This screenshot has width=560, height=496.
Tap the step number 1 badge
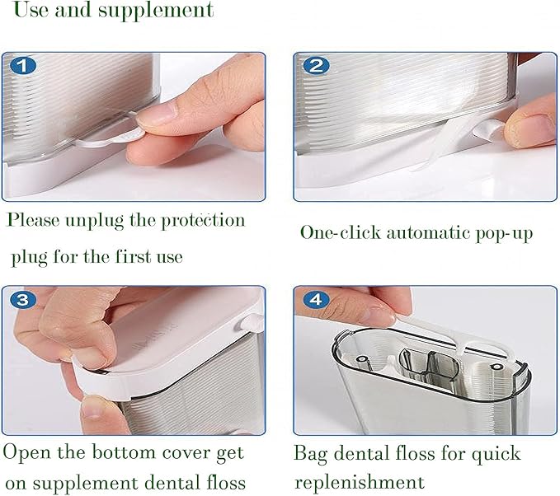point(24,65)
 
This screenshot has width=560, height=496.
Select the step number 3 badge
point(25,300)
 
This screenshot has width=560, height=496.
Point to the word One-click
point(339,232)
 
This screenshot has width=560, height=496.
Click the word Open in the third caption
point(26,454)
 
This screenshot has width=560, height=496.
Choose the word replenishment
point(359,482)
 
